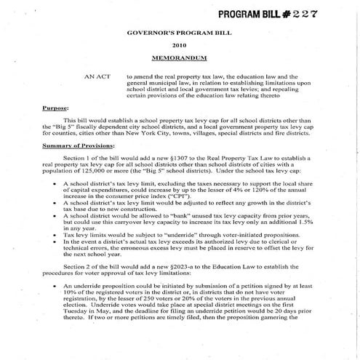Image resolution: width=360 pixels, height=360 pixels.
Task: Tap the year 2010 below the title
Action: click(179, 44)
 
